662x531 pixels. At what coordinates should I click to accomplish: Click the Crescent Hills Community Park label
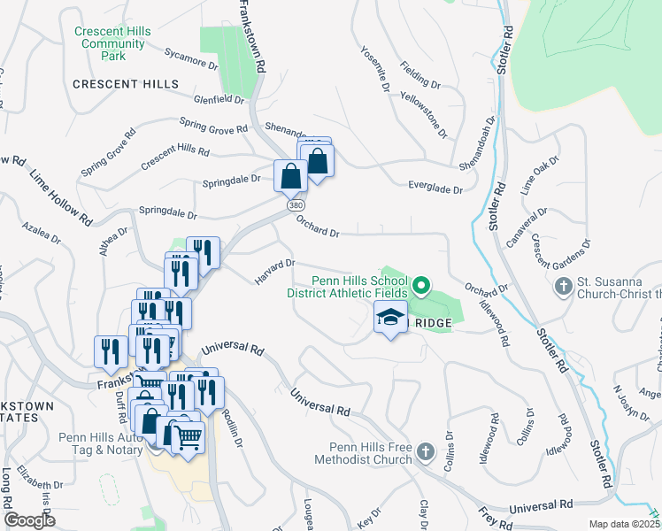coord(112,43)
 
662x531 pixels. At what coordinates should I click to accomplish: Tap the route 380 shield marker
coord(294,205)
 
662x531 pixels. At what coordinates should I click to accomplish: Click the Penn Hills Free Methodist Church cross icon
coord(426,453)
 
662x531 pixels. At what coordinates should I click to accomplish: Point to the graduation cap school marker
coord(389,319)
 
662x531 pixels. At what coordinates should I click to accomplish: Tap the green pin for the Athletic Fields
coord(421,285)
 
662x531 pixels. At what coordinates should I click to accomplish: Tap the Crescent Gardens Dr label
coord(560,257)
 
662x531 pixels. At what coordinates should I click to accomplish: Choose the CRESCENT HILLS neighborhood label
coord(126,84)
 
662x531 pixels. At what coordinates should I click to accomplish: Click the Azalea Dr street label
coord(42,233)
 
